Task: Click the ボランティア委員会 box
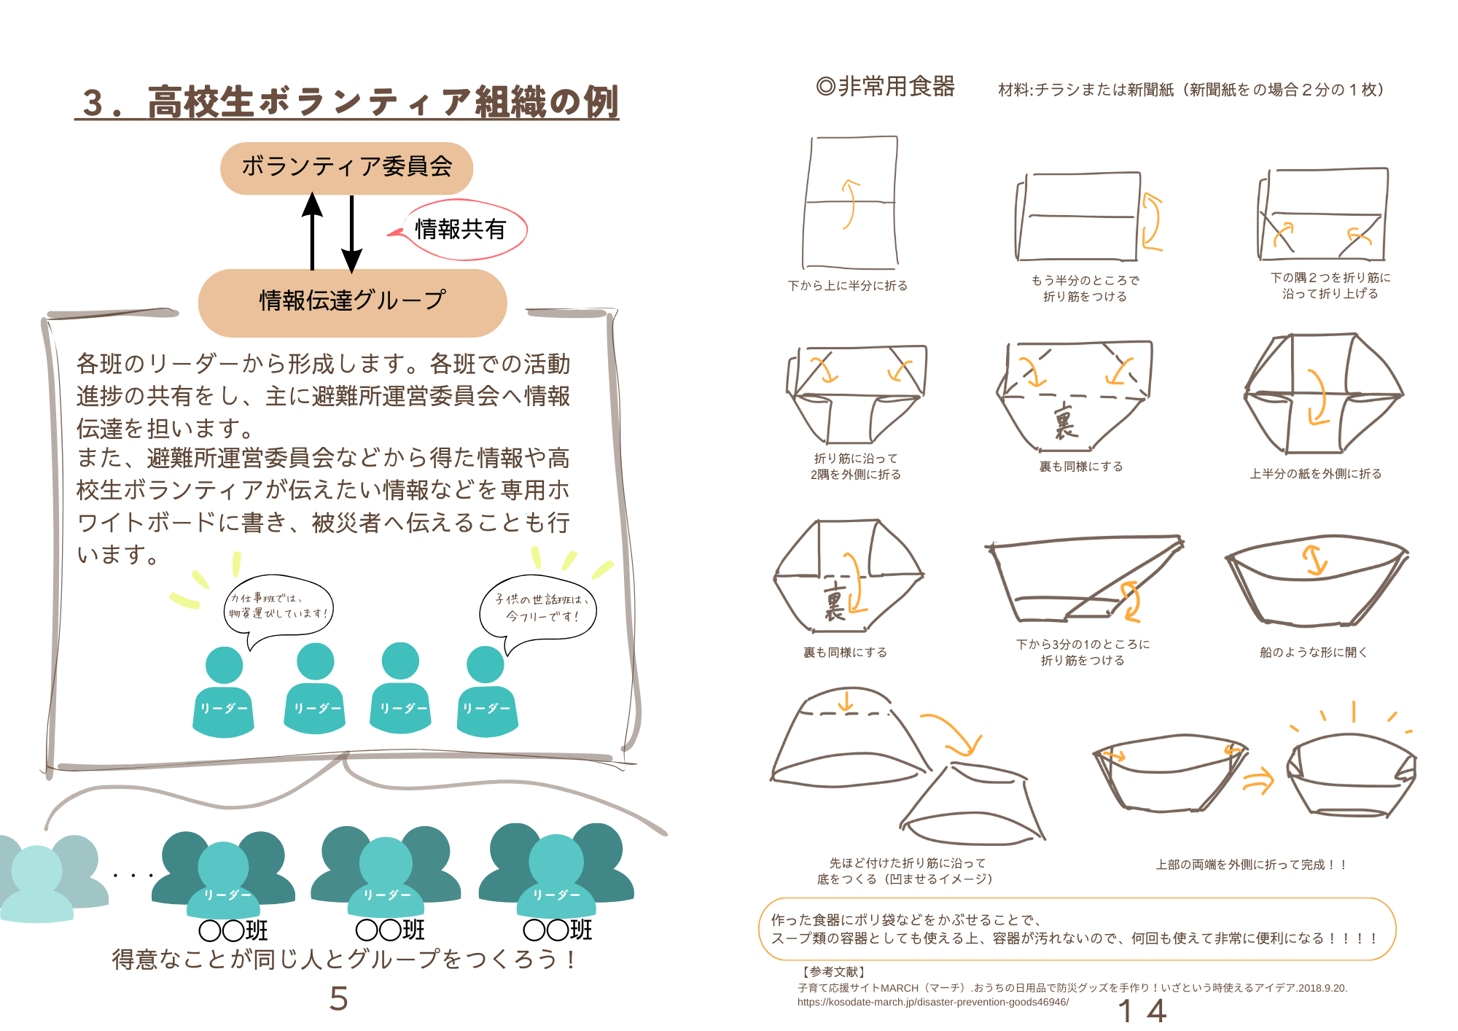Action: click(x=346, y=168)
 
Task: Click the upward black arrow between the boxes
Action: click(x=312, y=231)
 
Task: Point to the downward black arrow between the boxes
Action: click(x=351, y=234)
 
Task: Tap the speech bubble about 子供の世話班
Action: click(x=538, y=611)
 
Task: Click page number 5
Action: click(x=339, y=998)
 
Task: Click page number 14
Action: click(x=1142, y=1011)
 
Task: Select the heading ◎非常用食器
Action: click(x=885, y=87)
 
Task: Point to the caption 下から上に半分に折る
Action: click(x=848, y=286)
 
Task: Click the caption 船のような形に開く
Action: click(x=1314, y=653)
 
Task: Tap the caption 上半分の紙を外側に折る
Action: click(x=1316, y=474)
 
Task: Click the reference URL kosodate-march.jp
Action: click(x=933, y=1003)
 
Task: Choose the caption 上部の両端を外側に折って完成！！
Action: click(x=1252, y=865)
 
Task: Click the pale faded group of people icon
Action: click(x=51, y=879)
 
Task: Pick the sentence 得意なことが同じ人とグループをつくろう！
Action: click(x=345, y=960)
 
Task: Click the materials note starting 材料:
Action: click(x=1191, y=90)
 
